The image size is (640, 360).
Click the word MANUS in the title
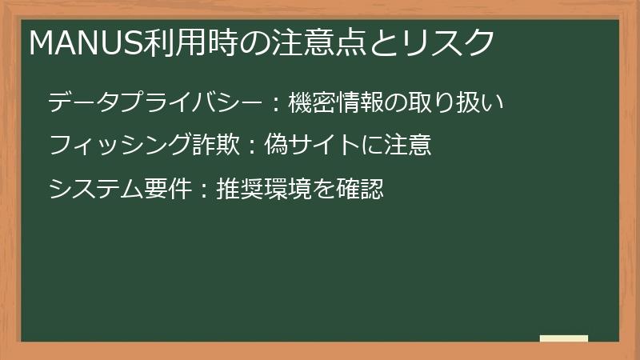click(86, 42)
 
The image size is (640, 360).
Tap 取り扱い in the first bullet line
click(467, 103)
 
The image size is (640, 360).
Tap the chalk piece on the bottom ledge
click(564, 339)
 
